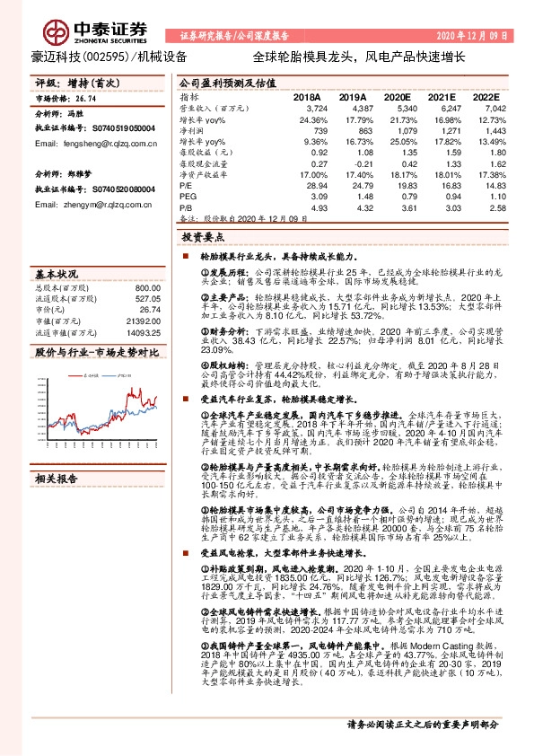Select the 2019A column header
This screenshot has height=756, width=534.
click(x=353, y=95)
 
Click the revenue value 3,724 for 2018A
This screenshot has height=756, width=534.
click(x=307, y=107)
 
